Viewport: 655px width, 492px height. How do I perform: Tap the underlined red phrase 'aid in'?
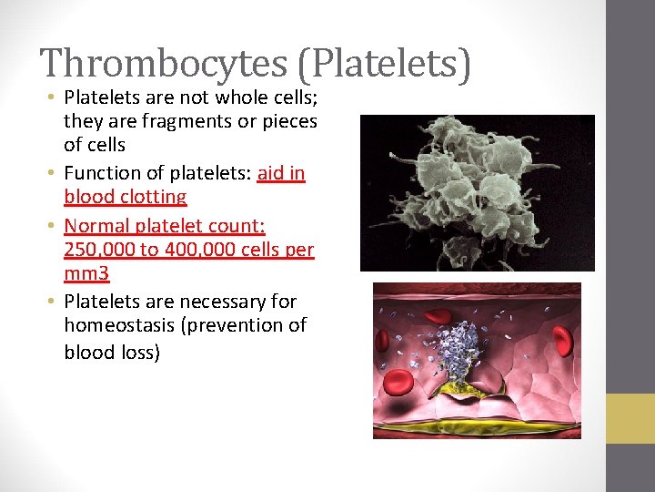point(281,172)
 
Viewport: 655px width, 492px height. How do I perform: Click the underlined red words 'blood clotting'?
point(125,197)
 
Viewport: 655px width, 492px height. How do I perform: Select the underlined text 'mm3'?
point(86,273)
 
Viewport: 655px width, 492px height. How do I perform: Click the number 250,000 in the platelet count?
point(99,249)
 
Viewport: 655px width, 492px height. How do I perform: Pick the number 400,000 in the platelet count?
point(197,249)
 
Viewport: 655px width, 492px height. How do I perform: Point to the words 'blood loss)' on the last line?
point(112,352)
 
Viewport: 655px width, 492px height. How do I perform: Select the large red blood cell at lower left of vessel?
point(399,384)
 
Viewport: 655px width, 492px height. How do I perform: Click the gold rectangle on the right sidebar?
point(630,418)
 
